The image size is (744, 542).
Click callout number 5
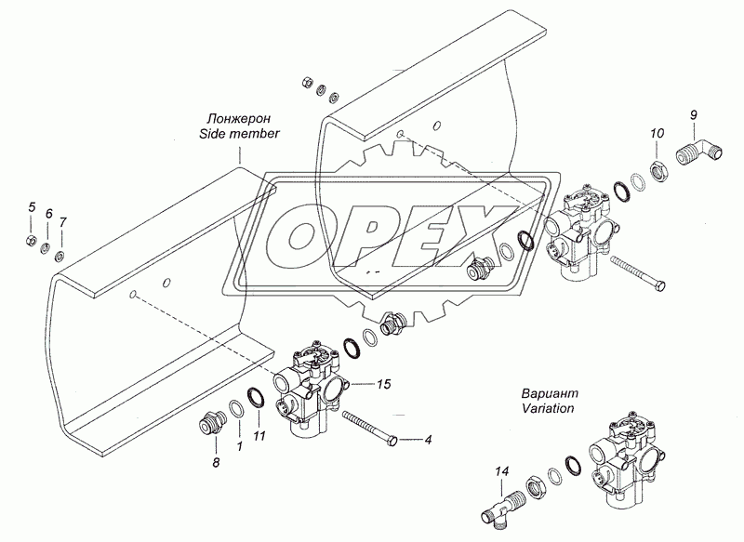click(x=31, y=206)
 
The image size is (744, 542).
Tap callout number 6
click(x=48, y=214)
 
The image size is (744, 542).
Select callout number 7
click(x=62, y=222)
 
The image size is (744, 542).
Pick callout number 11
click(x=260, y=436)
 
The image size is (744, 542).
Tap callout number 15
click(x=383, y=383)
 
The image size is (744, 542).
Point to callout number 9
click(x=692, y=114)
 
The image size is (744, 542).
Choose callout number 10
click(x=657, y=134)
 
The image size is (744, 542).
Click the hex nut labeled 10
click(x=657, y=168)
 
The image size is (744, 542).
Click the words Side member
click(x=239, y=135)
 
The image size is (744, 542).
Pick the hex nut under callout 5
click(x=31, y=243)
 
